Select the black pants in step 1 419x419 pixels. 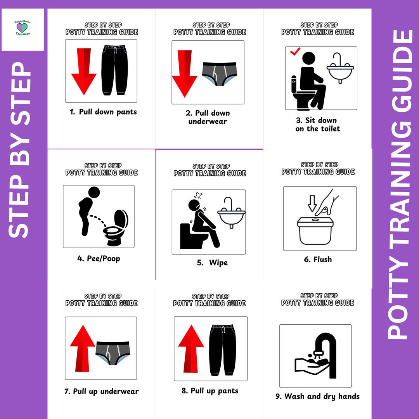(x=114, y=70)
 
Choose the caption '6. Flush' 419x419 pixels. (x=318, y=260)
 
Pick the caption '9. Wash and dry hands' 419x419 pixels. (x=317, y=396)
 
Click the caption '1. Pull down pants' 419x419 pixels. (x=103, y=112)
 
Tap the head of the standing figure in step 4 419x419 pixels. (x=94, y=192)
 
